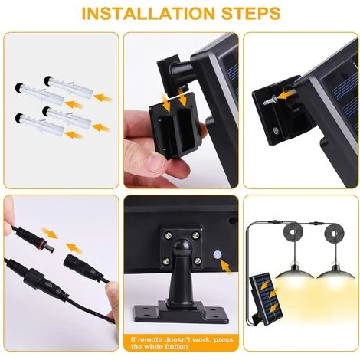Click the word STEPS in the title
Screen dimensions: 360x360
(x=251, y=13)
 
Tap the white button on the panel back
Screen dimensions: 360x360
(x=218, y=254)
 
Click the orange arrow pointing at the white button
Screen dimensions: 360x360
(x=226, y=267)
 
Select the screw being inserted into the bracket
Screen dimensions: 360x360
(x=270, y=100)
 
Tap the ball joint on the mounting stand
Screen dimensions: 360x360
(x=182, y=247)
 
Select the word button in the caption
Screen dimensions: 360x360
(x=177, y=346)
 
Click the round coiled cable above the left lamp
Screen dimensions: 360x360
(x=293, y=233)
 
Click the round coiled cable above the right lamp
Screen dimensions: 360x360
(x=334, y=233)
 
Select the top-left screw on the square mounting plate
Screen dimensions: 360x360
(x=168, y=234)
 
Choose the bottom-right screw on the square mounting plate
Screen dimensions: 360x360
(x=197, y=260)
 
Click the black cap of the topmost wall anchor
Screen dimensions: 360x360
(x=47, y=81)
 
